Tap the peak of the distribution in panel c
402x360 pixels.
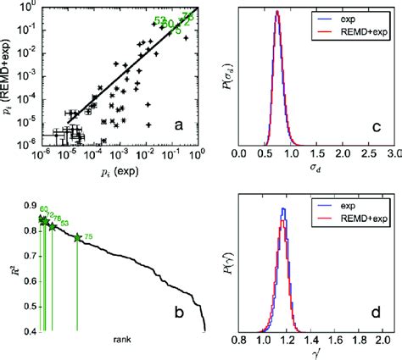coord(276,13)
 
